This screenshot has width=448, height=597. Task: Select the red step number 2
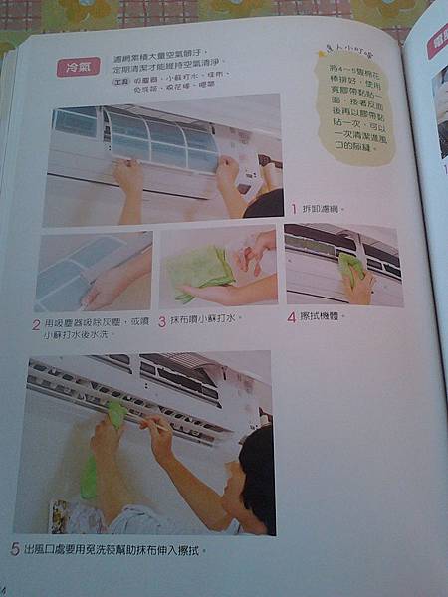[36, 324]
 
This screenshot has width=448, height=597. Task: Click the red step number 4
[291, 317]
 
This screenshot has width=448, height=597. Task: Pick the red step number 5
[15, 548]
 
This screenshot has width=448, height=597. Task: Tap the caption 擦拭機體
[324, 317]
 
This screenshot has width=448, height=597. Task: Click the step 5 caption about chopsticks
[114, 548]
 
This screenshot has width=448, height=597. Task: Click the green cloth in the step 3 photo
[199, 268]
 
